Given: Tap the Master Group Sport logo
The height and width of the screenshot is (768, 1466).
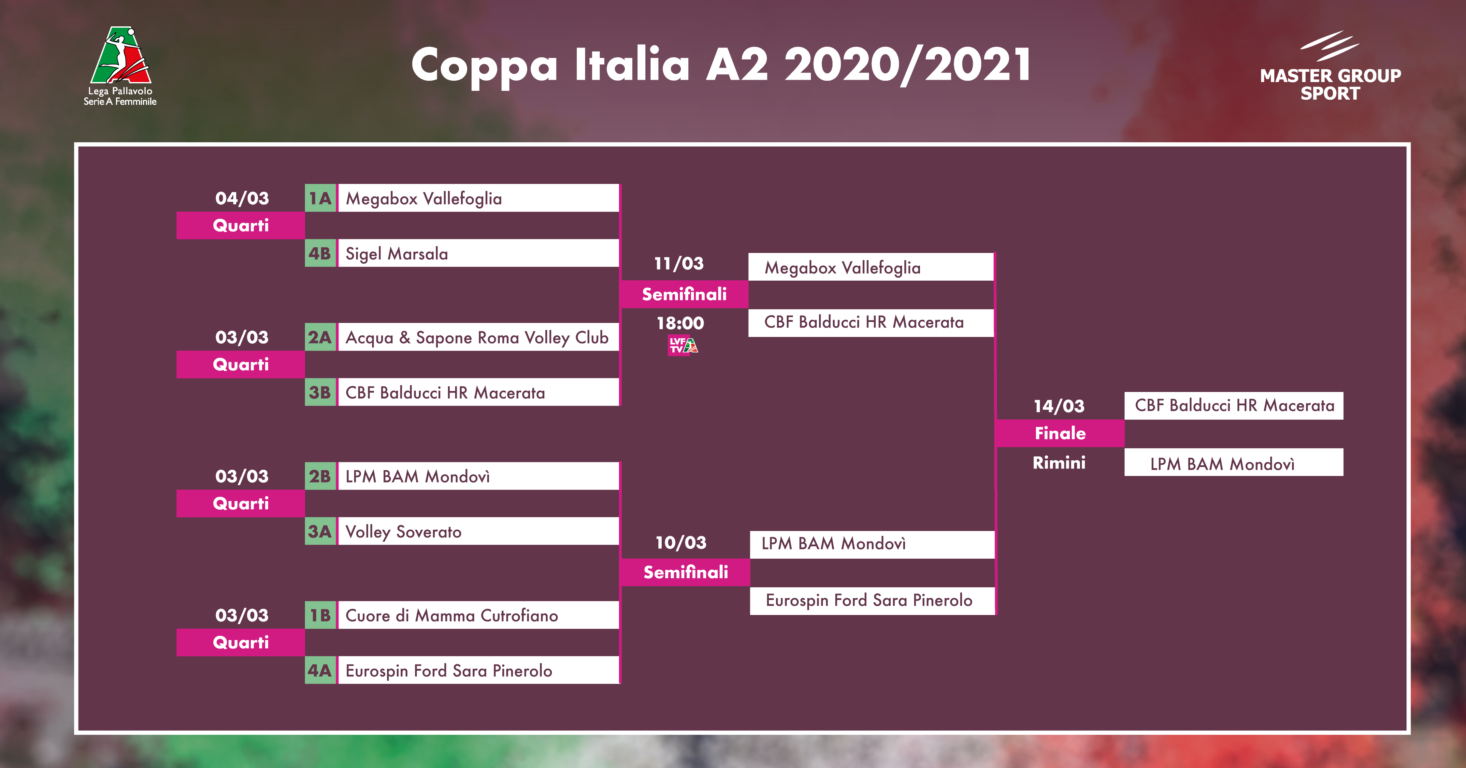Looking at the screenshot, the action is (x=1330, y=66).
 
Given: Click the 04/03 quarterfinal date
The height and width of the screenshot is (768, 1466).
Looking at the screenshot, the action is (x=242, y=198).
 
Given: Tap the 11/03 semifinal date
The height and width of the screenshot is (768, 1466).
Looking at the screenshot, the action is (x=679, y=263).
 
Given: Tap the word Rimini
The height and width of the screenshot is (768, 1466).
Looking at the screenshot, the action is (x=1059, y=463).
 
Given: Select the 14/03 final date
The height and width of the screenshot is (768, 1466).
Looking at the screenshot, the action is (x=1059, y=406).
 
